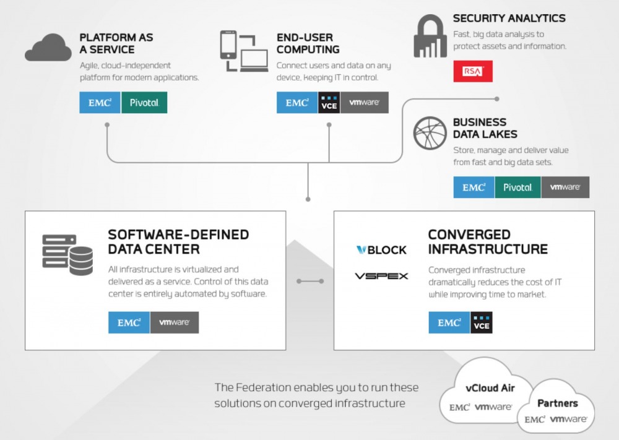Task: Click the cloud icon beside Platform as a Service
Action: (x=48, y=48)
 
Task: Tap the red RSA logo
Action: (x=472, y=71)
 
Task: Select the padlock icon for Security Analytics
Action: (x=430, y=36)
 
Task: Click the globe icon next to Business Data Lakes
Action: (x=430, y=133)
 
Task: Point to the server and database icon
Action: (x=67, y=254)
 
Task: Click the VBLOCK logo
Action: (x=381, y=250)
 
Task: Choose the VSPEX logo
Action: (x=381, y=276)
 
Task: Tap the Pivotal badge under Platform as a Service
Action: (x=144, y=103)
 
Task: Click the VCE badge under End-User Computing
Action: (x=329, y=103)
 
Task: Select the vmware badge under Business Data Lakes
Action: (x=565, y=187)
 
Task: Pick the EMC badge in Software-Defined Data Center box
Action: (x=129, y=322)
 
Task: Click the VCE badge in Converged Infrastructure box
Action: (x=481, y=322)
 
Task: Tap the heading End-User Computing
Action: (x=308, y=43)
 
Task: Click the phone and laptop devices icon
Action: (x=244, y=51)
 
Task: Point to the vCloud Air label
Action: (x=490, y=388)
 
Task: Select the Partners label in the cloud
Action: (x=558, y=403)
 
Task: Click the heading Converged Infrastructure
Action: (x=488, y=242)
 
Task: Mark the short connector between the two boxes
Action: (x=310, y=282)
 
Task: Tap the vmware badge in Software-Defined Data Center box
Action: (x=175, y=322)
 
